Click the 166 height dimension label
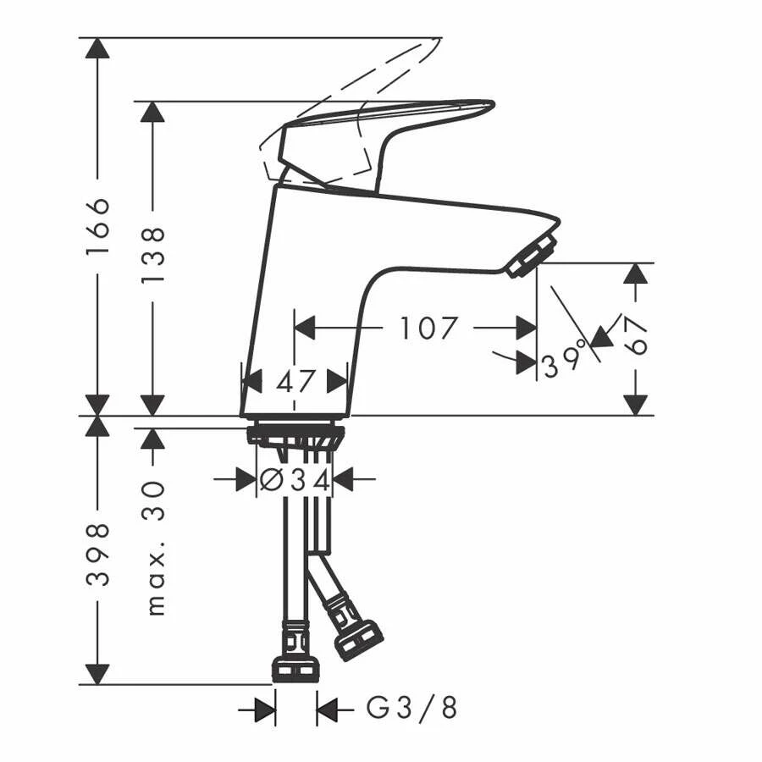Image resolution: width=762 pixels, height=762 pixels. tap(97, 226)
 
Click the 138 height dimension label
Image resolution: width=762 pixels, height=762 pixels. tap(153, 255)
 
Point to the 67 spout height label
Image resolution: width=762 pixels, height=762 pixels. tap(636, 336)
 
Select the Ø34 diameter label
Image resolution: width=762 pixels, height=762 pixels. tap(295, 481)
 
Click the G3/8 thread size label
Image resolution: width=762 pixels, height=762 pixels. tap(411, 708)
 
